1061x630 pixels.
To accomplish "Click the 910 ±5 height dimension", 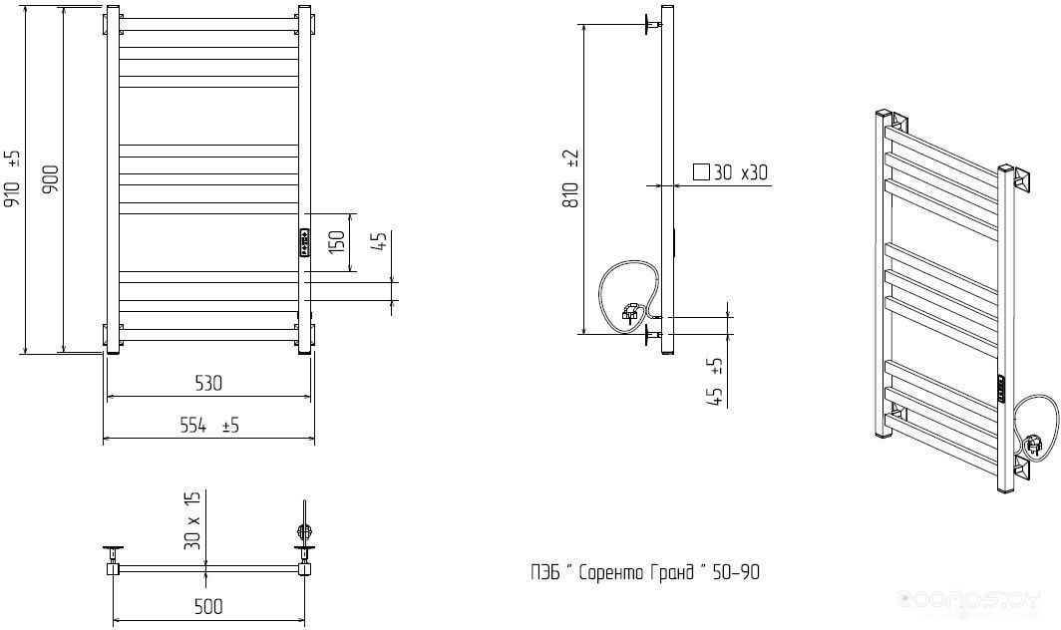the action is [x=14, y=178].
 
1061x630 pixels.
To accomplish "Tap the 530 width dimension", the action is [x=208, y=383].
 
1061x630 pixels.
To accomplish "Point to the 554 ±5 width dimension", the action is [x=209, y=426].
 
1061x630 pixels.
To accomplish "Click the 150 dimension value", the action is [x=336, y=242].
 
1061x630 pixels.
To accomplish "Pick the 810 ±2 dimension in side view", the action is [x=572, y=178].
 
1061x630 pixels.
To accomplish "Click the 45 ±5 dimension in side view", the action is [x=715, y=383].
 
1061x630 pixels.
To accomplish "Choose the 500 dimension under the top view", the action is [x=208, y=606].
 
